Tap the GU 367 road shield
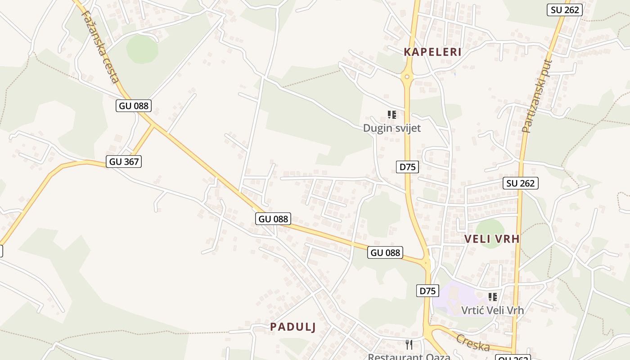tap(124, 162)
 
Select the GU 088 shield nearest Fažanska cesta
tap(133, 106)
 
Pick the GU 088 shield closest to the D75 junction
tap(385, 252)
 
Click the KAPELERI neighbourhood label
tap(432, 52)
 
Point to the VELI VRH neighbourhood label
tap(492, 239)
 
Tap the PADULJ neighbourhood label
tap(293, 327)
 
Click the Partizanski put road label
tap(536, 96)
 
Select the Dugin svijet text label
tap(392, 128)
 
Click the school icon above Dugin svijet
tap(392, 115)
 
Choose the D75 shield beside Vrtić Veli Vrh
tap(427, 291)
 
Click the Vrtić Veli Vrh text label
tap(492, 310)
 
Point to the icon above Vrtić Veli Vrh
tap(493, 297)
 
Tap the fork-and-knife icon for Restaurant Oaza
tap(409, 345)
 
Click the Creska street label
tap(472, 343)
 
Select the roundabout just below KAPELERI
tap(407, 77)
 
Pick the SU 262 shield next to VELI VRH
tap(520, 183)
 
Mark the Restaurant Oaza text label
tap(409, 356)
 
